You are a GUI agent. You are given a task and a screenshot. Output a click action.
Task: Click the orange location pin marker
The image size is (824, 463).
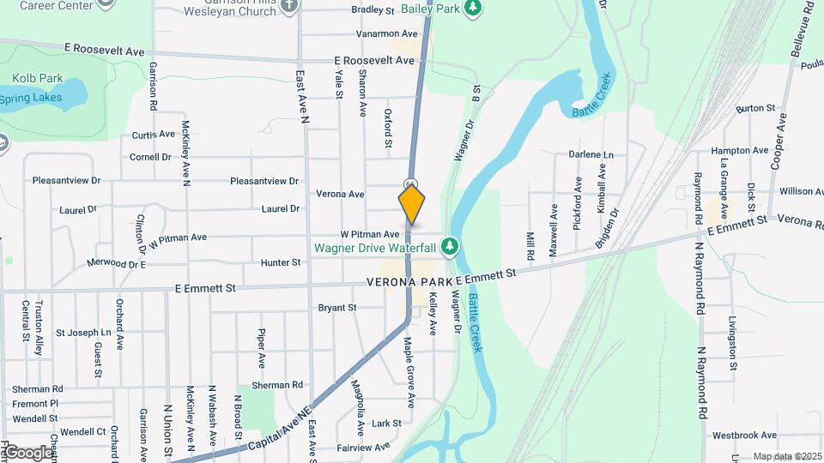411,203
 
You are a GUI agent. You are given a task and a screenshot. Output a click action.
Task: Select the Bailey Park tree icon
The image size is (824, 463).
471,9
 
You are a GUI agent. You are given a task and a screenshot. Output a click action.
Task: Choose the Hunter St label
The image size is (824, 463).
281,262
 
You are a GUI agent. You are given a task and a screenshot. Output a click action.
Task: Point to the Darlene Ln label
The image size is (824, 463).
591,155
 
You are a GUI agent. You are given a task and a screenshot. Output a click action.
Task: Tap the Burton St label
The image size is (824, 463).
755,109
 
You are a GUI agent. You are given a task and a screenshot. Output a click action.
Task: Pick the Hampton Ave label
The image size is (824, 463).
740,150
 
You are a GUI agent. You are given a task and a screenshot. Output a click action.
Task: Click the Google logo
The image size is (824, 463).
27,452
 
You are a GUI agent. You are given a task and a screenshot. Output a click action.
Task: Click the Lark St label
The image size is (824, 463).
387,424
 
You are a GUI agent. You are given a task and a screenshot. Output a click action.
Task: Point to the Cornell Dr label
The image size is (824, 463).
150,157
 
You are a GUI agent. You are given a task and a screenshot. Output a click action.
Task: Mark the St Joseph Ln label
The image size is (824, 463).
84,332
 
